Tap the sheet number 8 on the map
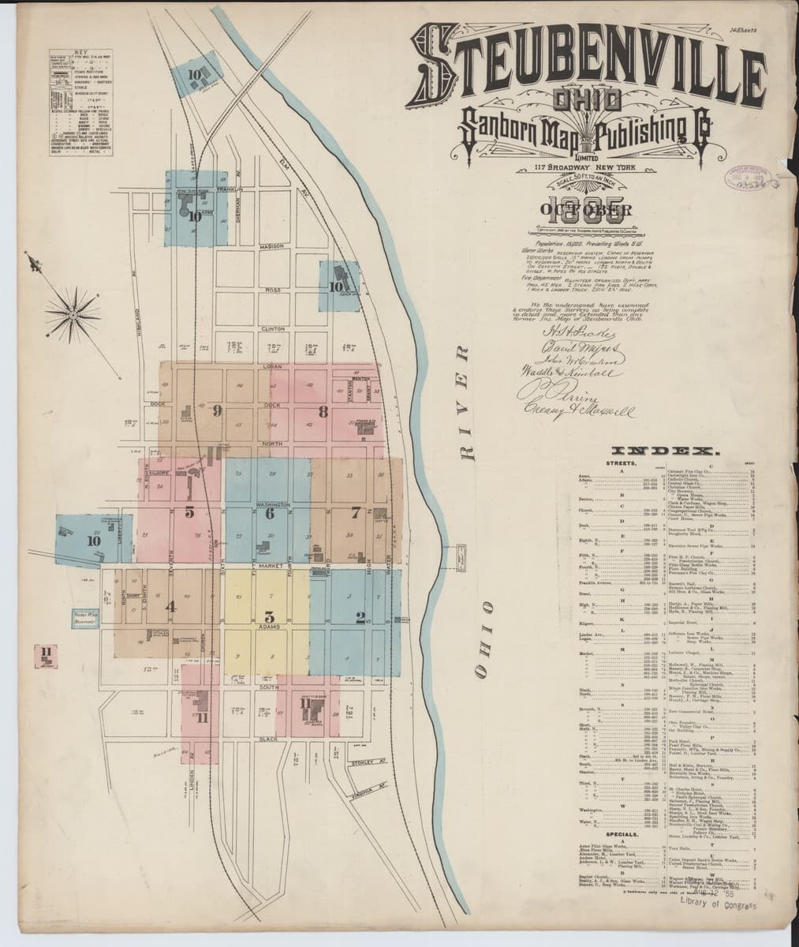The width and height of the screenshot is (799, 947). click(323, 410)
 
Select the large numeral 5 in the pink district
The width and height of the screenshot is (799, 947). click(189, 511)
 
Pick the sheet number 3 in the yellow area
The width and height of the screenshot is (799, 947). click(269, 616)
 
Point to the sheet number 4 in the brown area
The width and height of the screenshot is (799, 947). click(170, 607)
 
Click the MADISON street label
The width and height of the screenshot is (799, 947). click(270, 245)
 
